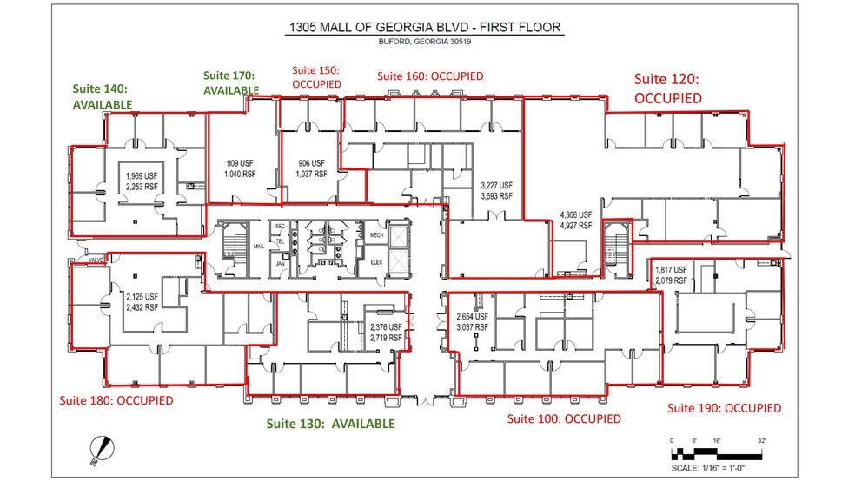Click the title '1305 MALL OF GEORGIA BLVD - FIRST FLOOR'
point(425,28)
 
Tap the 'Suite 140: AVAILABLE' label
point(103,96)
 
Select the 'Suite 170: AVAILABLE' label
point(230,82)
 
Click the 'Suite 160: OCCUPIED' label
point(429,76)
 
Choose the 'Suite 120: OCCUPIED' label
point(667,89)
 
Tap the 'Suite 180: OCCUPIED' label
point(116,400)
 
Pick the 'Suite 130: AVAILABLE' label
point(331,424)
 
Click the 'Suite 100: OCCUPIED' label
point(564,418)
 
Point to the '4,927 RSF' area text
point(574,225)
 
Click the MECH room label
point(376,235)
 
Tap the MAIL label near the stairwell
point(258,246)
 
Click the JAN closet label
point(280,263)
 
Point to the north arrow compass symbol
point(103,448)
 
